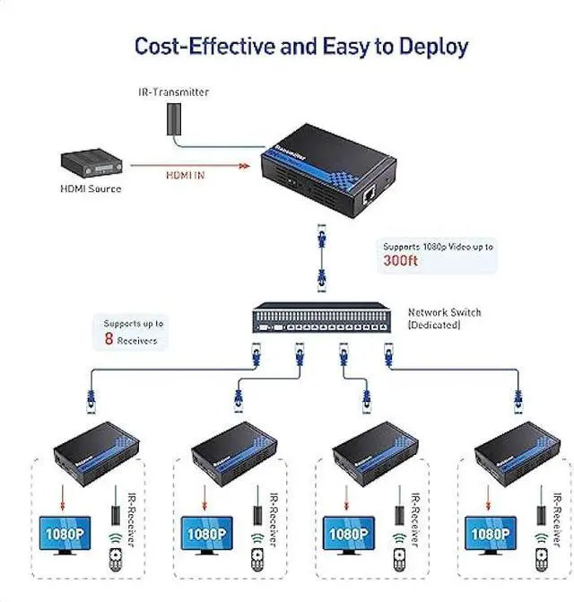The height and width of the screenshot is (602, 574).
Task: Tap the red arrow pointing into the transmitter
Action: (x=242, y=165)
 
